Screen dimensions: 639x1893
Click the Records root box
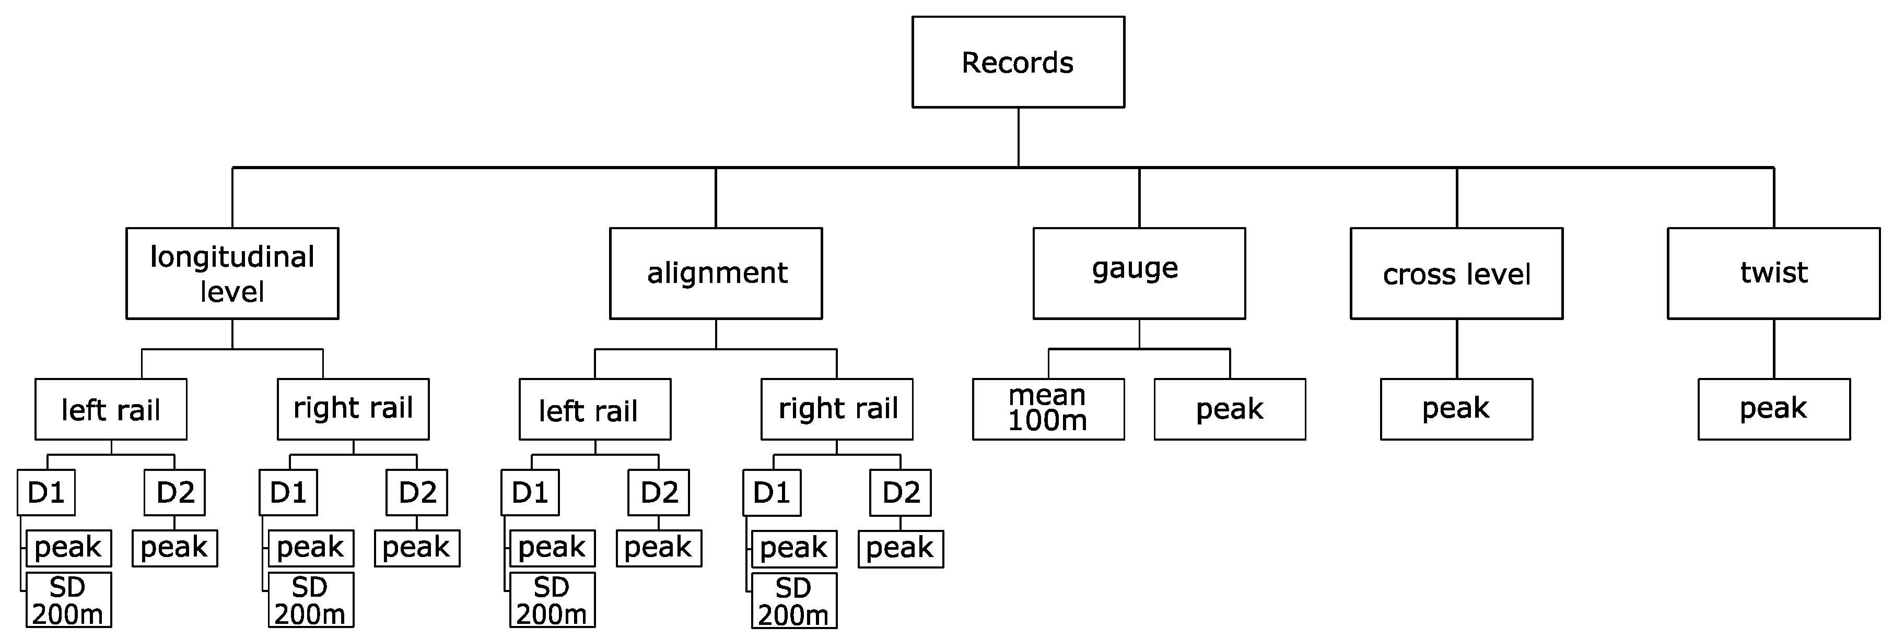click(x=1018, y=63)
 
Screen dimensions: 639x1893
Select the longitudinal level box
click(x=232, y=273)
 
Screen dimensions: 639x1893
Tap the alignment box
click(x=716, y=273)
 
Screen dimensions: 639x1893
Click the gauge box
click(x=1139, y=273)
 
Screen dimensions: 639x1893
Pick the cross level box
click(x=1456, y=273)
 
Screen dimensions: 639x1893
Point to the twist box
click(x=1773, y=273)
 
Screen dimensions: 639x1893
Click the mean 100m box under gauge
click(x=1048, y=409)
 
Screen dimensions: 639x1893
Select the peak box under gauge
click(x=1230, y=409)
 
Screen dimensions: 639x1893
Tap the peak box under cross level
click(x=1456, y=409)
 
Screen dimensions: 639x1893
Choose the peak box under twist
click(x=1773, y=409)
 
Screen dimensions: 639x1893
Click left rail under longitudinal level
click(x=111, y=409)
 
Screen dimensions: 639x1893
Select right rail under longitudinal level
click(x=353, y=409)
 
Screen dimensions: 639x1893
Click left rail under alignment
click(x=594, y=409)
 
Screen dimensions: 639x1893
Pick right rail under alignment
click(x=836, y=409)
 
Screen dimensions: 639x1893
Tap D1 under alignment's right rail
click(x=772, y=493)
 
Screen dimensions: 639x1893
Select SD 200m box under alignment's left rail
click(x=552, y=600)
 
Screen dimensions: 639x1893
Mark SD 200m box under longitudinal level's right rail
click(x=310, y=600)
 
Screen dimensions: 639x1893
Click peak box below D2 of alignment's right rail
click(x=900, y=549)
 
